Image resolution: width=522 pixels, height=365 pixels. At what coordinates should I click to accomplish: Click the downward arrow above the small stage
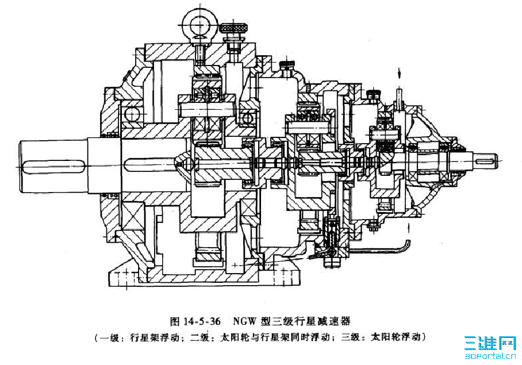tap(400, 74)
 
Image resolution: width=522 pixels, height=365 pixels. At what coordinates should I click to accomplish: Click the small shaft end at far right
tap(485, 159)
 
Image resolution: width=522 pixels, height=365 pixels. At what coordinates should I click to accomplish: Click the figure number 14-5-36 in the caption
tap(202, 321)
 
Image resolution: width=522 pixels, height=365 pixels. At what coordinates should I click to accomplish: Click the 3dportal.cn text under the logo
tap(490, 357)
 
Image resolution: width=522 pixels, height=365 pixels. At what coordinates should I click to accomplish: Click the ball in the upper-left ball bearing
tap(132, 115)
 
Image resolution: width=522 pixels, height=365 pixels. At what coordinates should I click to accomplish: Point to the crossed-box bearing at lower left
tap(133, 216)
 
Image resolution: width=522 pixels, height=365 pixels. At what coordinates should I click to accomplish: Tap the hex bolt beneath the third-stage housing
tap(373, 226)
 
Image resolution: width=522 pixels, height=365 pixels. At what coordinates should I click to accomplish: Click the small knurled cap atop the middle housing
tap(287, 64)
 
